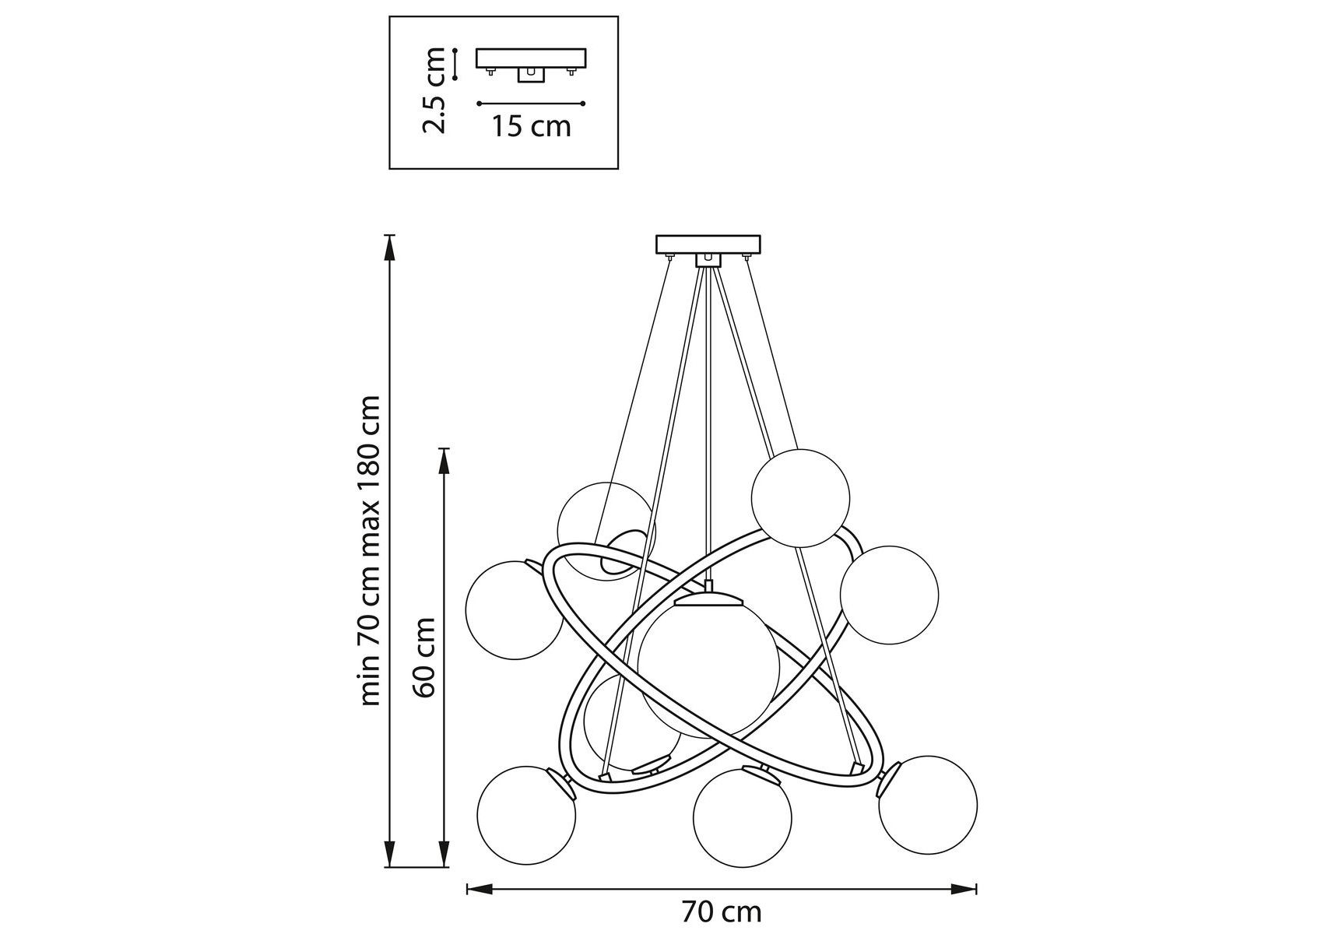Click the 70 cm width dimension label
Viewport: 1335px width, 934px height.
pyautogui.click(x=722, y=911)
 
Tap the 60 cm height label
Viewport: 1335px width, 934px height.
pyautogui.click(x=424, y=658)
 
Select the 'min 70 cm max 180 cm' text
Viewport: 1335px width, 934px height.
pyautogui.click(x=370, y=551)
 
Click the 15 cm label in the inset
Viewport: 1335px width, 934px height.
pyautogui.click(x=531, y=125)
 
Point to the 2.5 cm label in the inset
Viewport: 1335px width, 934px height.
pyautogui.click(x=433, y=90)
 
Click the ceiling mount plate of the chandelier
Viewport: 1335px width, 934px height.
pyautogui.click(x=708, y=244)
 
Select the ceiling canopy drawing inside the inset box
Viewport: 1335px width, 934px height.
pyautogui.click(x=531, y=63)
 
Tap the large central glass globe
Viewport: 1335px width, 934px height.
pyautogui.click(x=708, y=665)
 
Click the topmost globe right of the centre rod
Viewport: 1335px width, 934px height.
pyautogui.click(x=800, y=498)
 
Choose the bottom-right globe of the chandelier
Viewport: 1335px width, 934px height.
pyautogui.click(x=928, y=804)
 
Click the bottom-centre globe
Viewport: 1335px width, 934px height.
pyautogui.click(x=743, y=816)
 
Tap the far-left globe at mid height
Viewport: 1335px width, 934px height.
pyautogui.click(x=514, y=609)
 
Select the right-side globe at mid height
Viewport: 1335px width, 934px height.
pyautogui.click(x=889, y=595)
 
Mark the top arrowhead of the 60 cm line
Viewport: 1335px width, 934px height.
pyautogui.click(x=444, y=459)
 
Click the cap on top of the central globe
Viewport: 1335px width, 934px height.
pyautogui.click(x=708, y=599)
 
